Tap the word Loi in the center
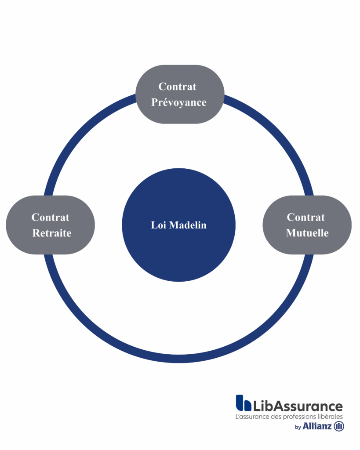(x=159, y=225)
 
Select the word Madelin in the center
(x=188, y=225)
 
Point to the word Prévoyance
(x=179, y=102)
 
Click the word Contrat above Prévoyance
(x=178, y=87)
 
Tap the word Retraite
(x=52, y=233)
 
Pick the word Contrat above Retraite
(x=51, y=217)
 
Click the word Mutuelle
(x=307, y=233)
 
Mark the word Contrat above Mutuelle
(x=306, y=217)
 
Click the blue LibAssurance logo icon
(x=243, y=403)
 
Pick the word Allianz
(x=317, y=426)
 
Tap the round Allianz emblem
(x=339, y=426)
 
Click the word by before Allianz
(x=298, y=427)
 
